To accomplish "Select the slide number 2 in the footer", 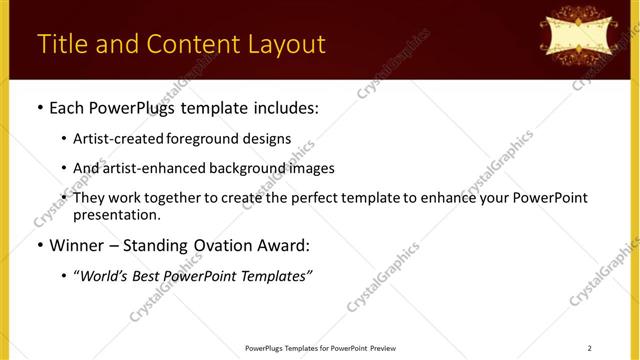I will [x=590, y=348].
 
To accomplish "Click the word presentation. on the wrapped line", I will [x=116, y=214].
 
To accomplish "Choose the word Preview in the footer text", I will [x=383, y=348].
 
